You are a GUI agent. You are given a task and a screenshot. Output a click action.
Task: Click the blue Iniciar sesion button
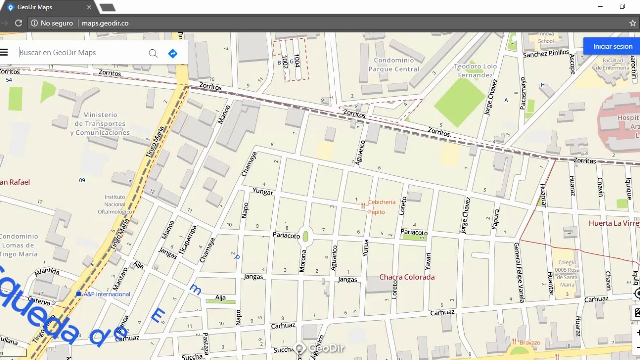[612, 46]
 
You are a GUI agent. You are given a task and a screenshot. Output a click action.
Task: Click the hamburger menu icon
[4, 52]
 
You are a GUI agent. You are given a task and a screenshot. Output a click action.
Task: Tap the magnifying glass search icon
[153, 53]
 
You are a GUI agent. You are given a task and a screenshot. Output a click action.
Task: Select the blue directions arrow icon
[173, 53]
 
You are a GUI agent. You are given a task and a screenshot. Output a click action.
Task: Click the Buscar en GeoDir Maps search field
[80, 53]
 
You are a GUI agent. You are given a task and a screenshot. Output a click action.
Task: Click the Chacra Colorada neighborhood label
[407, 277]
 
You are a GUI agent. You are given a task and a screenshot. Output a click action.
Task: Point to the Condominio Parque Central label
[394, 65]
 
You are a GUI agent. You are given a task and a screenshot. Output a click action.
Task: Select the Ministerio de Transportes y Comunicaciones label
[100, 124]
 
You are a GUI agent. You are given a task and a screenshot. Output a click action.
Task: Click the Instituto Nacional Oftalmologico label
[115, 204]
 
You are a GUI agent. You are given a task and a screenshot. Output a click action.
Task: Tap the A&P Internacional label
[106, 294]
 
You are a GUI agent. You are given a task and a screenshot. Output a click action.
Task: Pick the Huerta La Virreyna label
[613, 223]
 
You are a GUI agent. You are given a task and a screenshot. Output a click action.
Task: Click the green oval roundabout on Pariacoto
[305, 236]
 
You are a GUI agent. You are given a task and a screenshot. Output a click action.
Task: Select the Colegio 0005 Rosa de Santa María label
[567, 273]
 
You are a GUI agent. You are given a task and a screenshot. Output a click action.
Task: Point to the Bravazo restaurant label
[529, 343]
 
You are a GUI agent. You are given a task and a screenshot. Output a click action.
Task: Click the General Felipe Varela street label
[519, 272]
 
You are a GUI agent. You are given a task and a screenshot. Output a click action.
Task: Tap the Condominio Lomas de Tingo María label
[18, 245]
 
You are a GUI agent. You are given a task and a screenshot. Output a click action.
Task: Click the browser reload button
[18, 23]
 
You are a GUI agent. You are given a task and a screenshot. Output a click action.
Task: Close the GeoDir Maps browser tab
[90, 7]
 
